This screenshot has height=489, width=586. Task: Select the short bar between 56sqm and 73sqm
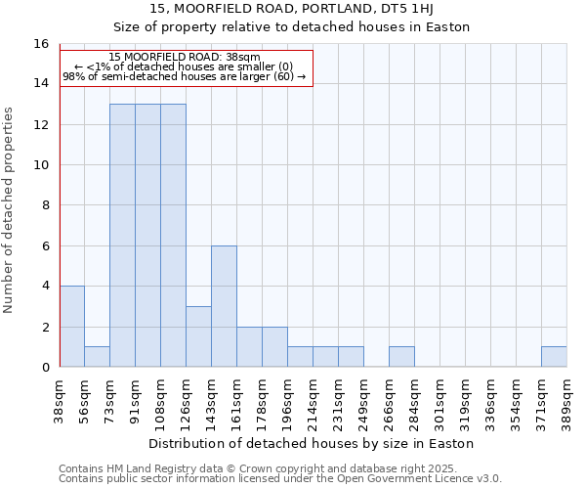[97, 357]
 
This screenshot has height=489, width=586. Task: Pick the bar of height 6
[224, 306]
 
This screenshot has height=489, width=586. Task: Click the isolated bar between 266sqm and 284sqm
[401, 357]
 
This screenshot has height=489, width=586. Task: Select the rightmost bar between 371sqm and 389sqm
[554, 357]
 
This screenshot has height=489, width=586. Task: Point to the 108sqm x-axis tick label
[160, 404]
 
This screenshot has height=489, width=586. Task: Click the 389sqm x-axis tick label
[566, 404]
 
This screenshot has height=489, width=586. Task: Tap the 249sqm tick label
[363, 404]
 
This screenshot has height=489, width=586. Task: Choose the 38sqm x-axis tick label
[59, 402]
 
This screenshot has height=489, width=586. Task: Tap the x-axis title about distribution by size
[312, 443]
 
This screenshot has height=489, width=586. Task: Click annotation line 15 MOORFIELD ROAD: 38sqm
[185, 58]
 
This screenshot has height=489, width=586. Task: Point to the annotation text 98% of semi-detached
[185, 76]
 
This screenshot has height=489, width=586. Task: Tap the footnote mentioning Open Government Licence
[280, 479]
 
